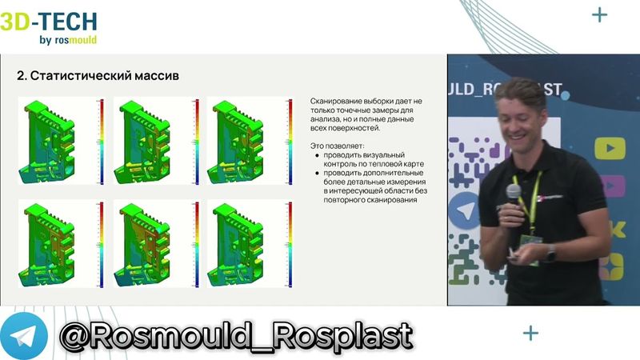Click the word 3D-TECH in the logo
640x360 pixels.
coord(49,21)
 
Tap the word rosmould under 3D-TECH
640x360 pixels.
coord(78,39)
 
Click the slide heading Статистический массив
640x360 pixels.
coord(97,76)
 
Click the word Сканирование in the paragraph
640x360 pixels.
coord(335,102)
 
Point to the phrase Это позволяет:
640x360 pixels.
coord(337,146)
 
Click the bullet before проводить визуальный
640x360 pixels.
coord(318,155)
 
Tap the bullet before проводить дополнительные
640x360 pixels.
coord(318,174)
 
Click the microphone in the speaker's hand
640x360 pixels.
coord(512,193)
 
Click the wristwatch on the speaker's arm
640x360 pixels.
coord(550,254)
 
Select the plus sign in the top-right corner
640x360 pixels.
coord(598,15)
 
